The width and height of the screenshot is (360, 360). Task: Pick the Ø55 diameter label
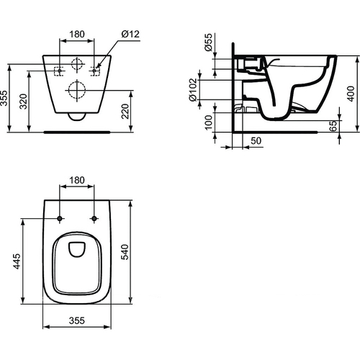[207, 42]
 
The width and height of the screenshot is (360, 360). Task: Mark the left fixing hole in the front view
[60, 70]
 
